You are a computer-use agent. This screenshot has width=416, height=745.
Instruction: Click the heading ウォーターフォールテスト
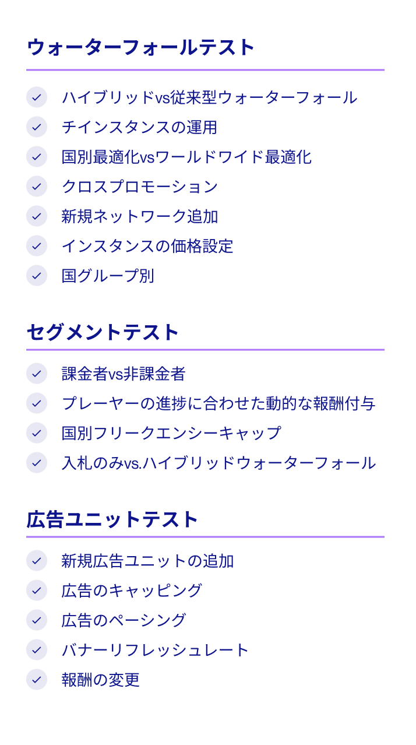(x=140, y=47)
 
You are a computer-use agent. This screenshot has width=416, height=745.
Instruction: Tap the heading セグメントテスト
(x=103, y=332)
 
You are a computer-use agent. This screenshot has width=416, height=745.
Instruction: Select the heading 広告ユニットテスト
(x=112, y=519)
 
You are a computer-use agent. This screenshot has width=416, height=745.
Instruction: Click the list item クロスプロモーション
(x=139, y=187)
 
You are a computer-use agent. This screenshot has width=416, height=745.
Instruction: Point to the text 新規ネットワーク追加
(x=139, y=216)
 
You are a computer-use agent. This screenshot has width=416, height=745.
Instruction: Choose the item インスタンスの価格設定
(x=147, y=246)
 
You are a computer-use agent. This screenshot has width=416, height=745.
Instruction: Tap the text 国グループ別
(x=107, y=276)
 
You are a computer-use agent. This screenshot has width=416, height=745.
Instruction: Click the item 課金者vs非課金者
(x=123, y=374)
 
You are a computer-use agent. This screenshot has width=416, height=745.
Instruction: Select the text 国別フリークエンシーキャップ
(x=171, y=433)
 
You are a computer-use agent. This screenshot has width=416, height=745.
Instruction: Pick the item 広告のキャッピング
(x=131, y=591)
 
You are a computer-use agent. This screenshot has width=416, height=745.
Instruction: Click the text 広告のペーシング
(x=124, y=620)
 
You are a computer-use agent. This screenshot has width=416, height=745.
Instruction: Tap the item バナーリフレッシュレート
(x=155, y=650)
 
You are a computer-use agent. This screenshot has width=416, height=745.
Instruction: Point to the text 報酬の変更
(x=100, y=680)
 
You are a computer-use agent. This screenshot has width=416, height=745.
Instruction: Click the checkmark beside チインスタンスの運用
(x=37, y=126)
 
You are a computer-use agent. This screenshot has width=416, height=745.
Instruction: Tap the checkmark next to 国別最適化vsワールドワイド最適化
(x=37, y=156)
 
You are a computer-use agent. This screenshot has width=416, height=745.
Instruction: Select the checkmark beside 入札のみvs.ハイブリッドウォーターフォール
(x=37, y=463)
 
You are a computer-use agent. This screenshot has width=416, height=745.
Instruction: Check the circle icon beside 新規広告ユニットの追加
(x=37, y=561)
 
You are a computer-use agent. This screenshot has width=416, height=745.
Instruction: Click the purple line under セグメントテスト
(x=205, y=350)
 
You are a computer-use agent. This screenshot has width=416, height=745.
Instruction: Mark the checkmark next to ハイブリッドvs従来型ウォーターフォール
(x=37, y=97)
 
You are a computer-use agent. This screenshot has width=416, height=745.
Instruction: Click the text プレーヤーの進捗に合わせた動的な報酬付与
(x=218, y=403)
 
